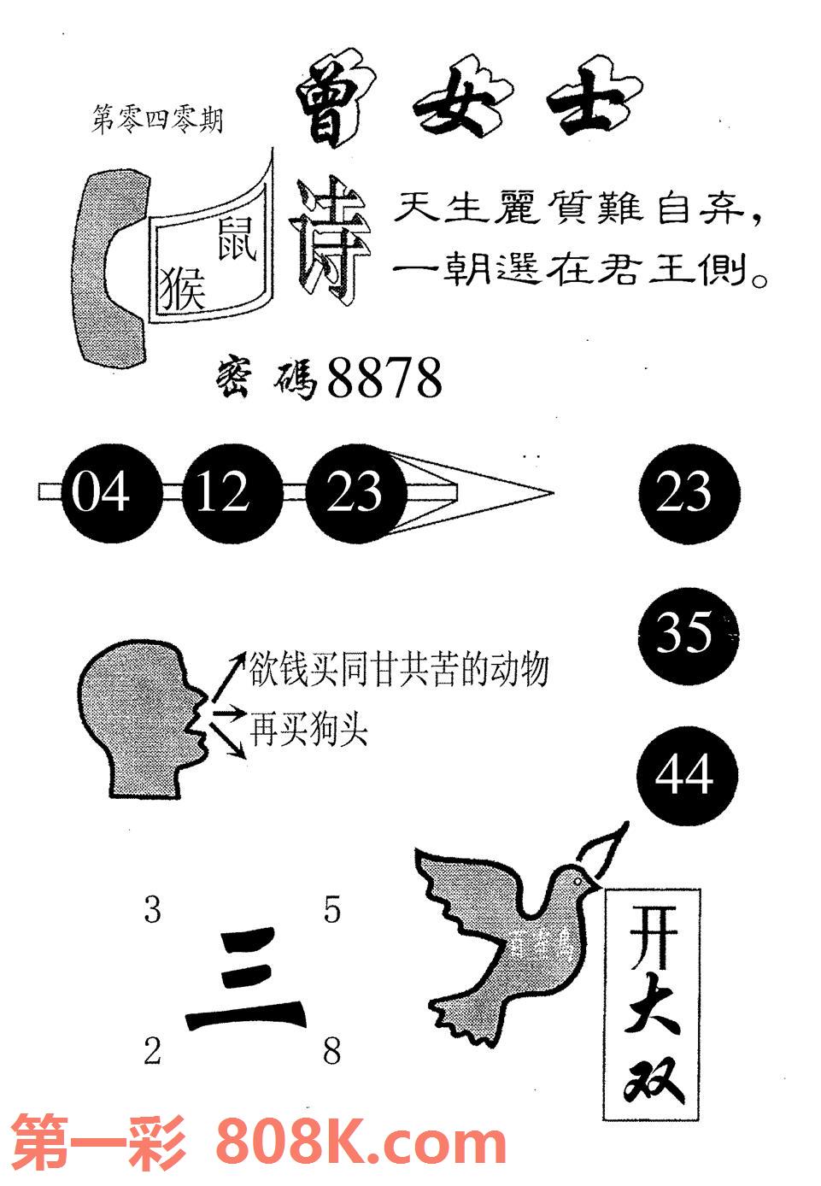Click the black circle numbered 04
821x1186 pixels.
click(102, 493)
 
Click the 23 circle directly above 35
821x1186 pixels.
click(688, 493)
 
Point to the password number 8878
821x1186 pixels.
click(384, 379)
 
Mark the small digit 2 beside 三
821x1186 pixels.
click(152, 1051)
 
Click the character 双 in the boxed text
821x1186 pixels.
click(653, 1081)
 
